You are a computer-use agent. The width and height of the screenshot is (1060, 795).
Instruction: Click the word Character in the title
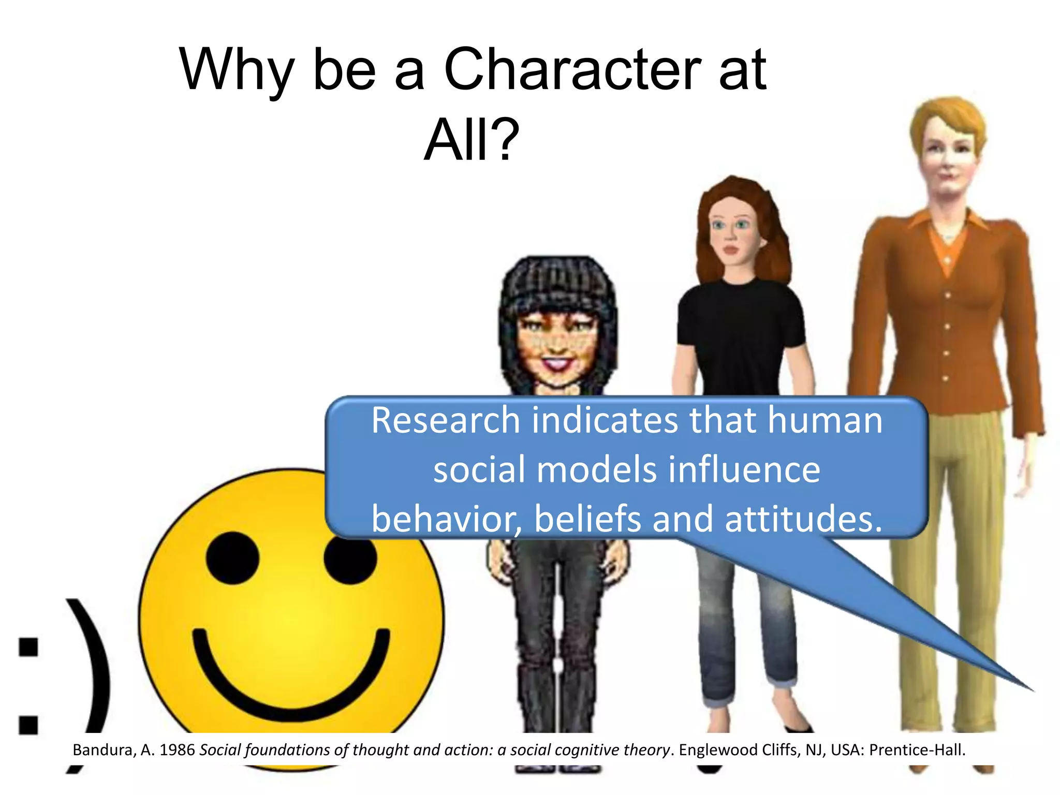pyautogui.click(x=572, y=69)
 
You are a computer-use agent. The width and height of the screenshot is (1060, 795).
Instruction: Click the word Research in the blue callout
pyautogui.click(x=446, y=420)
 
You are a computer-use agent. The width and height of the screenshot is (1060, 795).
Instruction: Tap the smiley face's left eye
pyautogui.click(x=232, y=558)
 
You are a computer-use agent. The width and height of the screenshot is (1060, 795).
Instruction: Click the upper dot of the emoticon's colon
pyautogui.click(x=28, y=647)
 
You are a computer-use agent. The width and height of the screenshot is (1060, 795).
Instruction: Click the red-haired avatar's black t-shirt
pyautogui.click(x=740, y=331)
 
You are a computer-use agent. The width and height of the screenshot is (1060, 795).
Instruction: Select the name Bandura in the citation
pyautogui.click(x=104, y=750)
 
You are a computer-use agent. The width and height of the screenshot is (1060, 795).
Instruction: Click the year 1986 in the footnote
pyautogui.click(x=177, y=750)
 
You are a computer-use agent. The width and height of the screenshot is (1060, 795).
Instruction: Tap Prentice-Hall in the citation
pyautogui.click(x=917, y=750)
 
